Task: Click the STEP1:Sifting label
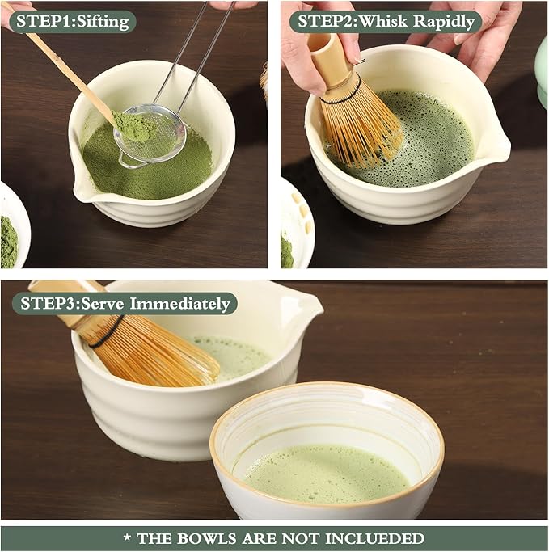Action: point(72,21)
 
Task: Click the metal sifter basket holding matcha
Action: point(150,137)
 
